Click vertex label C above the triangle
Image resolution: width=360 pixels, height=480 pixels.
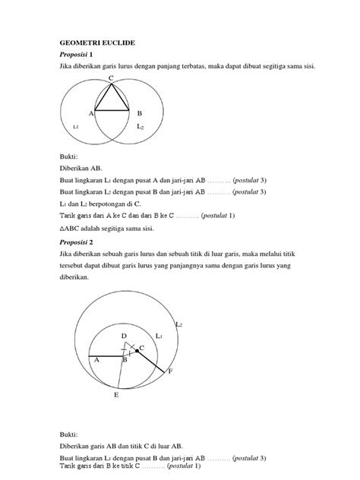[110, 79]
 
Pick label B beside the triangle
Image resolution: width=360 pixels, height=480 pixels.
[139, 112]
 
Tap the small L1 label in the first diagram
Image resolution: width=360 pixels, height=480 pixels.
[75, 127]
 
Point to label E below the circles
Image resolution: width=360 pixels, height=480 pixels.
[115, 396]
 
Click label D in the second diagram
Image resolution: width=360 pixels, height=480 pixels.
[125, 334]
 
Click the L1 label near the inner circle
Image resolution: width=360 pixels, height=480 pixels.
[159, 335]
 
